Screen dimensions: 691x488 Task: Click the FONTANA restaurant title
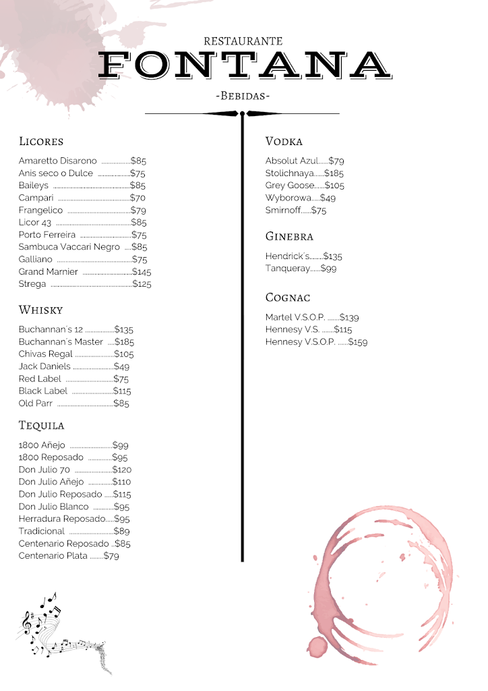[244, 65]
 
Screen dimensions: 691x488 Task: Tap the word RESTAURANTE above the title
[243, 42]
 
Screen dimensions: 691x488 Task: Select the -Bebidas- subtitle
[243, 96]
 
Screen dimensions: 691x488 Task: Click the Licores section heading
[41, 142]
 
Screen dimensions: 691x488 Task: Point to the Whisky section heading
[40, 310]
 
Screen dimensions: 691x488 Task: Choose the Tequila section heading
[42, 426]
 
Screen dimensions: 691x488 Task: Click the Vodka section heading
[284, 142]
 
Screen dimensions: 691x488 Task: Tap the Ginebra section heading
[289, 237]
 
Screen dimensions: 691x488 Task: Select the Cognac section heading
[288, 298]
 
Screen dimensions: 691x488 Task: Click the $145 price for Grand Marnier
[142, 272]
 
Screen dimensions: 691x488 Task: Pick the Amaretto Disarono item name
[58, 161]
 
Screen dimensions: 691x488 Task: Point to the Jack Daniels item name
[44, 366]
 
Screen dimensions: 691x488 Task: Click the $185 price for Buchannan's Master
[125, 342]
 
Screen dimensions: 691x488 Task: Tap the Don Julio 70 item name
[44, 470]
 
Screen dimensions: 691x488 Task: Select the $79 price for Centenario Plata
[111, 556]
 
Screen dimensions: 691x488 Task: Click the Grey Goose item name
[290, 186]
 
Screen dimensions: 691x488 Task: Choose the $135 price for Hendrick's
[332, 256]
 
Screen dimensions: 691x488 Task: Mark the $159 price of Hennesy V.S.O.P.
[357, 342]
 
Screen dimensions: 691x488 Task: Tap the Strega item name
[32, 284]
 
